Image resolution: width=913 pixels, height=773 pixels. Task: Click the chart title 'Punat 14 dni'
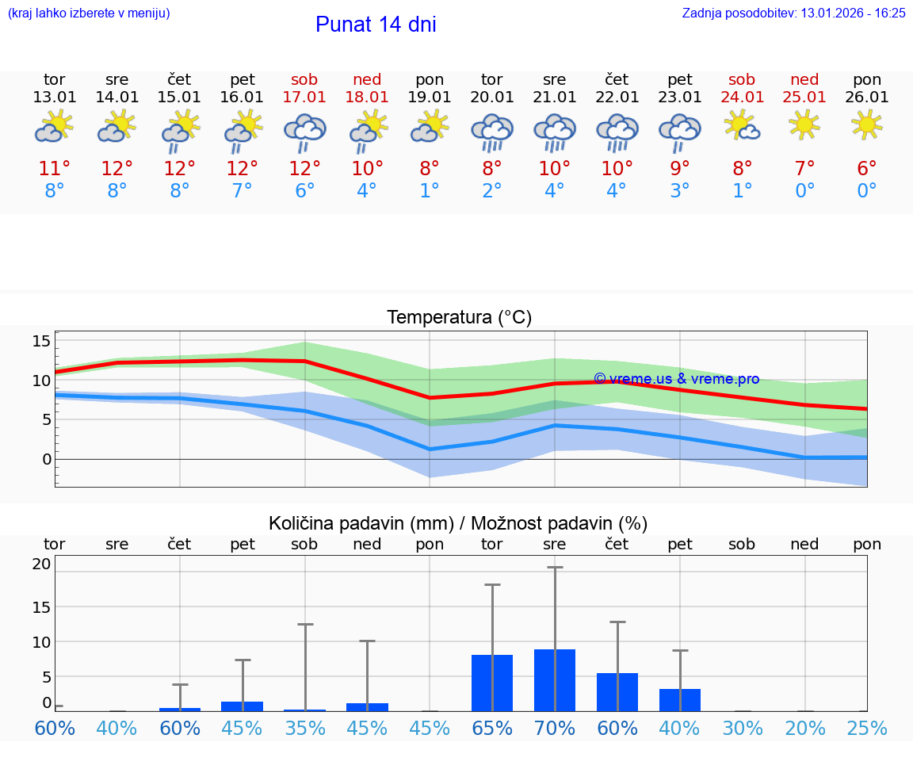pyautogui.click(x=376, y=25)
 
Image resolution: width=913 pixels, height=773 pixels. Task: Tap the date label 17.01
pyautogui.click(x=304, y=98)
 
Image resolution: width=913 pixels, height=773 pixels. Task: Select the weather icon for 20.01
pyautogui.click(x=492, y=132)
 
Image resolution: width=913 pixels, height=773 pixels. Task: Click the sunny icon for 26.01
pyautogui.click(x=866, y=124)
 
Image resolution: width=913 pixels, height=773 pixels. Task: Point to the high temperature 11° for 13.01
pyautogui.click(x=55, y=169)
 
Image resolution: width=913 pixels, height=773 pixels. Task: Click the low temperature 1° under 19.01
pyautogui.click(x=430, y=191)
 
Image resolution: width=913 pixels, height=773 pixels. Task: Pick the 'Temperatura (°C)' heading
pyautogui.click(x=459, y=318)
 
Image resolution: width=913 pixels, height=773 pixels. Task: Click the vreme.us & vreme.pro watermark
pyautogui.click(x=676, y=379)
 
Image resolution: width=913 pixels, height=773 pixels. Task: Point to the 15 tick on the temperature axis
pyautogui.click(x=41, y=341)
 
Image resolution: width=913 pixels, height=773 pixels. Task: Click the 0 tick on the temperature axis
pyautogui.click(x=47, y=459)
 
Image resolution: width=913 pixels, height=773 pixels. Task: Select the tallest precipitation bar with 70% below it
pyautogui.click(x=555, y=679)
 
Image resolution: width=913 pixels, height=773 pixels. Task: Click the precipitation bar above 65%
pyautogui.click(x=492, y=683)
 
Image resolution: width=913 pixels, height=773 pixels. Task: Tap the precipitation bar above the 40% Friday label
pyautogui.click(x=680, y=699)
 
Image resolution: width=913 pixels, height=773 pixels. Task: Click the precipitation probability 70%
pyautogui.click(x=555, y=728)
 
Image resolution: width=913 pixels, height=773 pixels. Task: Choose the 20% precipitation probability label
pyautogui.click(x=804, y=728)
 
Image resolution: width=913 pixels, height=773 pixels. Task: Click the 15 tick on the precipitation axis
pyautogui.click(x=41, y=607)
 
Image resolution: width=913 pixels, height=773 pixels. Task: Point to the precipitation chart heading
pyautogui.click(x=458, y=523)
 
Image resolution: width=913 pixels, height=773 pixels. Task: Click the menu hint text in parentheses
pyautogui.click(x=89, y=13)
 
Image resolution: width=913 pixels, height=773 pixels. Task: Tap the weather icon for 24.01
pyautogui.click(x=742, y=124)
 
